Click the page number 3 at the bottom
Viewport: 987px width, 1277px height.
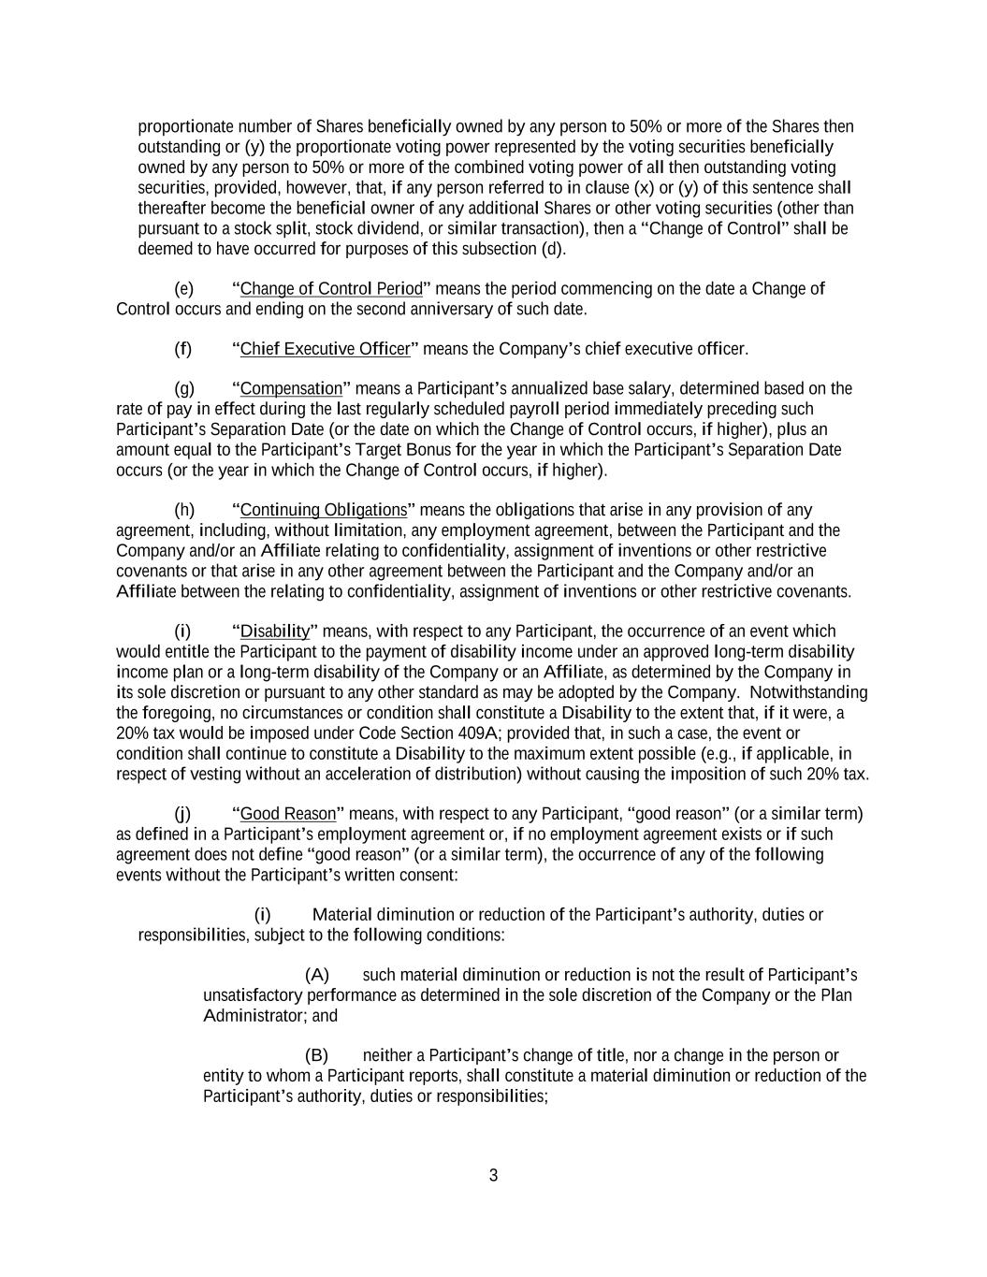493,1176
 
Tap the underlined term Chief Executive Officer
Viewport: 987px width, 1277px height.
325,349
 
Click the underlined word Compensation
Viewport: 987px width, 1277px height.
291,388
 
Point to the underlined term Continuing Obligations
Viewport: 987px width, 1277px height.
323,510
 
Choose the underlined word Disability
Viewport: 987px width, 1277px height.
274,631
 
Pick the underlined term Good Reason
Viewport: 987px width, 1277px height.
287,814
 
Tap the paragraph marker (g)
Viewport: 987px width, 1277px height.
184,388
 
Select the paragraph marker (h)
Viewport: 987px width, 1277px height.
184,510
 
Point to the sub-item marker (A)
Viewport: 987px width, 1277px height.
317,975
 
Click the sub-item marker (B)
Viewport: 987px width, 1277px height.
317,1055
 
